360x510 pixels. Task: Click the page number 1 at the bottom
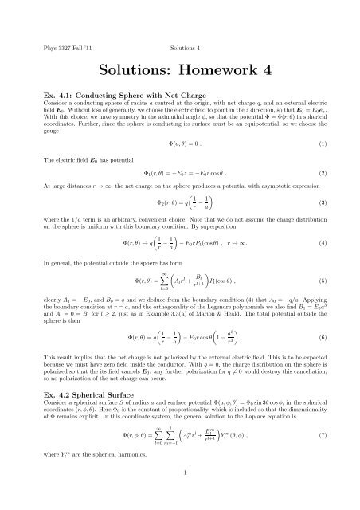coord(181,496)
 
